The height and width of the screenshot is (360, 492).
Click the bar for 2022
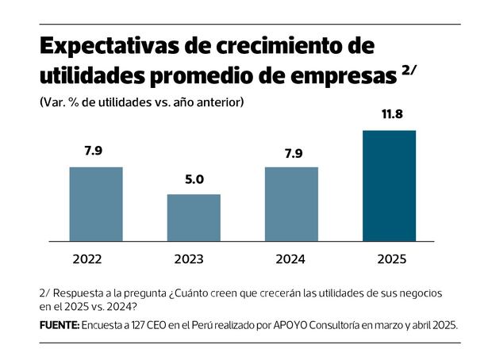click(96, 204)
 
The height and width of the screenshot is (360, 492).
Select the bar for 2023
click(194, 217)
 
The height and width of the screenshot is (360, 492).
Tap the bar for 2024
click(291, 204)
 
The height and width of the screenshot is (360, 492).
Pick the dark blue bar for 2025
click(389, 186)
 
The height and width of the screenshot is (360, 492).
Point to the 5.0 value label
click(194, 180)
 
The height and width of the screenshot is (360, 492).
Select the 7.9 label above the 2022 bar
click(96, 152)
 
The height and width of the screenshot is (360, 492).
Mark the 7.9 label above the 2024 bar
click(291, 152)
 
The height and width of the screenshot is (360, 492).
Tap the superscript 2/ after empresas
click(409, 70)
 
